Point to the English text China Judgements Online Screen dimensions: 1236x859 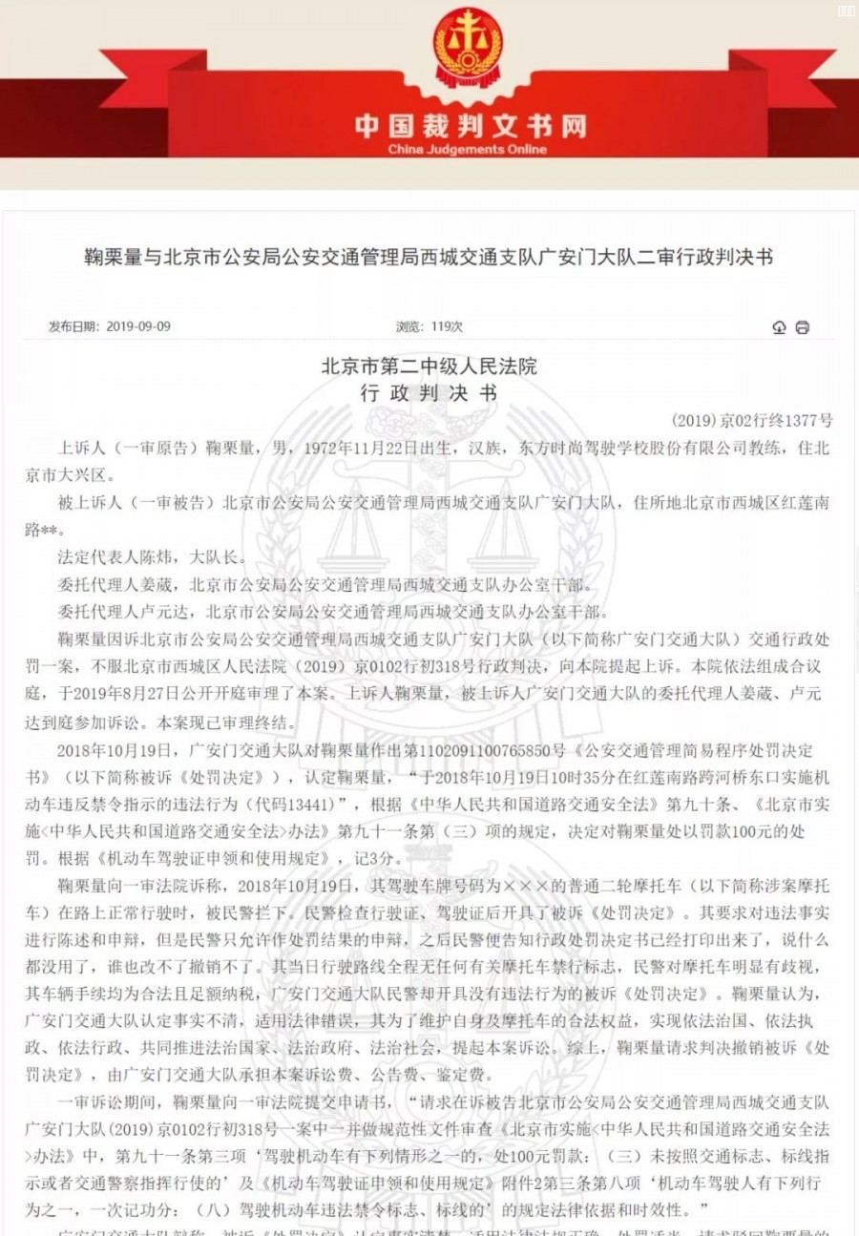(x=468, y=150)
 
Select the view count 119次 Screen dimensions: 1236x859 (x=446, y=326)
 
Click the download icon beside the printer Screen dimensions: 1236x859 (x=779, y=327)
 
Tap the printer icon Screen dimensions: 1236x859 (x=803, y=327)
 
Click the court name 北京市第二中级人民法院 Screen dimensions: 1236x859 (x=429, y=367)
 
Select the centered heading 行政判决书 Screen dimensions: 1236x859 (x=429, y=392)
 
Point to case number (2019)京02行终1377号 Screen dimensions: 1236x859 (x=752, y=420)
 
